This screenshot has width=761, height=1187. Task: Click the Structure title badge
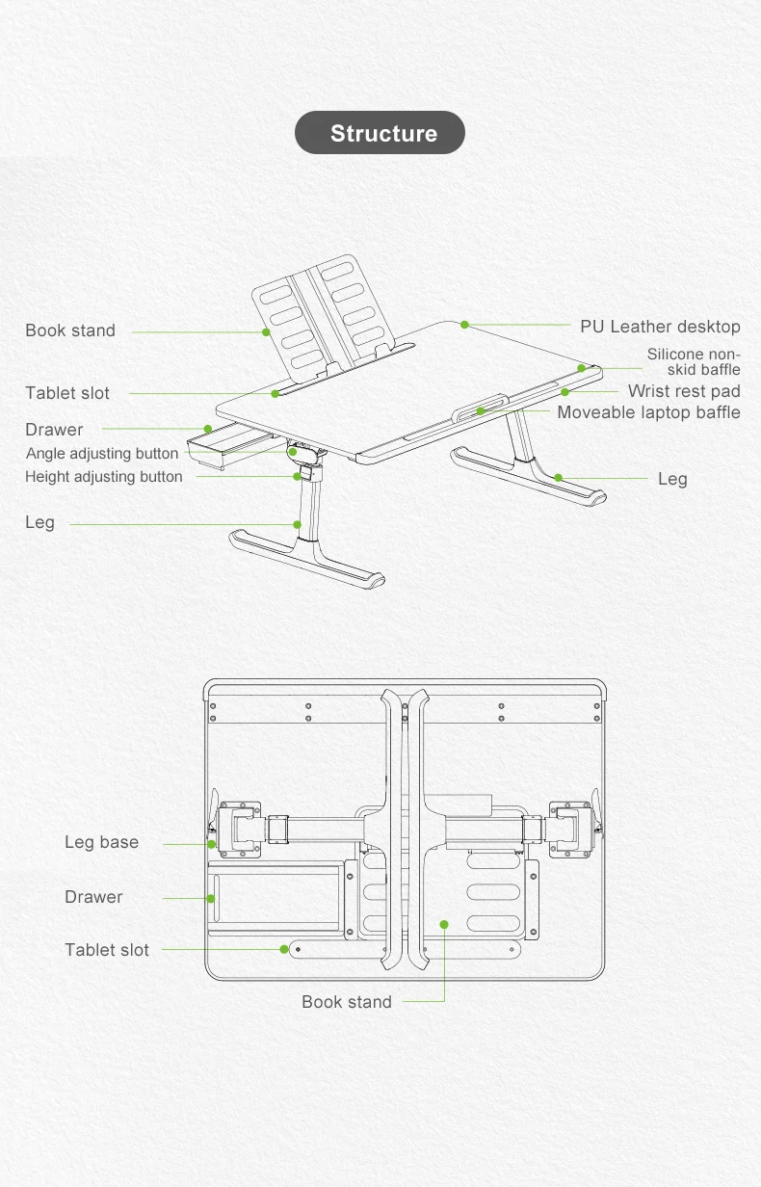tap(380, 133)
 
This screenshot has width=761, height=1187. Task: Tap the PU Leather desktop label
tap(660, 327)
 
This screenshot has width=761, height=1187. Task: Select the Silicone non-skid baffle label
tap(694, 362)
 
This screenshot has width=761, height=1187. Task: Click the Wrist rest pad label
tap(684, 391)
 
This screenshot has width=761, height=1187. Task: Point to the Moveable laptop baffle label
tap(648, 412)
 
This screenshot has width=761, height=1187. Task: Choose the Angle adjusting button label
tap(102, 453)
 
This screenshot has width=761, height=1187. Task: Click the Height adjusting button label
tap(104, 476)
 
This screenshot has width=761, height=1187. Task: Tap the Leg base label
tap(101, 842)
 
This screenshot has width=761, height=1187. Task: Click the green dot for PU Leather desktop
tap(464, 325)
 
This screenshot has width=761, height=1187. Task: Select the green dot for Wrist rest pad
tap(565, 392)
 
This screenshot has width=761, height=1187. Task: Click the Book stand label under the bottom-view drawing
tap(347, 1002)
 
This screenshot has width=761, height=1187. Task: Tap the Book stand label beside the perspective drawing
tap(70, 330)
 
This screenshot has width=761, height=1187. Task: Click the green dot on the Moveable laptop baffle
tap(481, 411)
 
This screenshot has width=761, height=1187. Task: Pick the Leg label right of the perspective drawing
tap(672, 479)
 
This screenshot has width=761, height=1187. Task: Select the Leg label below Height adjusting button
tap(39, 522)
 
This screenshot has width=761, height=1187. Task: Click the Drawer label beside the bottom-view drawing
tap(93, 897)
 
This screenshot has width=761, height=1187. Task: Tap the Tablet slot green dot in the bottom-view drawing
tap(284, 949)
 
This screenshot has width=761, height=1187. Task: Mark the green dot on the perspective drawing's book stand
tap(267, 332)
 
